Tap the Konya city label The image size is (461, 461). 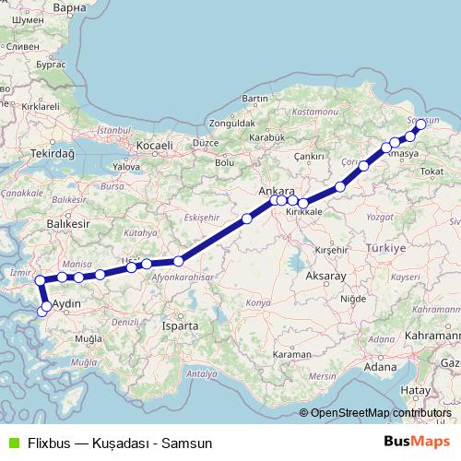(259, 303)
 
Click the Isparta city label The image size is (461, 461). (179, 325)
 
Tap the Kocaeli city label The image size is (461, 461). (154, 146)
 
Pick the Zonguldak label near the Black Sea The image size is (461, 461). (231, 123)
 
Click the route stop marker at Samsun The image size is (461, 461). (421, 124)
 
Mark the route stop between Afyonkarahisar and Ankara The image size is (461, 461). (246, 219)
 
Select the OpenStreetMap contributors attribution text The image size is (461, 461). (381, 414)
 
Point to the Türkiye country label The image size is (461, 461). (384, 249)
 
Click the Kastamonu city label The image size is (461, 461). (316, 111)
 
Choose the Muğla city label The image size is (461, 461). (89, 339)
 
